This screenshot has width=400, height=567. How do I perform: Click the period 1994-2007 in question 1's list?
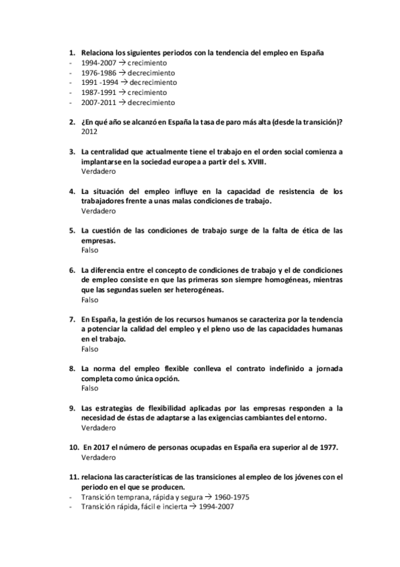click(97, 62)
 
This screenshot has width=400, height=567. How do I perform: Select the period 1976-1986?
click(97, 72)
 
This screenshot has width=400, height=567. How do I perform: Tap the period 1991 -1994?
click(99, 82)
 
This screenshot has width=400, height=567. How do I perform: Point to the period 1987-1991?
click(97, 92)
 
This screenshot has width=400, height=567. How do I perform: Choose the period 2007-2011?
click(97, 102)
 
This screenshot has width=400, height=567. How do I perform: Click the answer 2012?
click(89, 132)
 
